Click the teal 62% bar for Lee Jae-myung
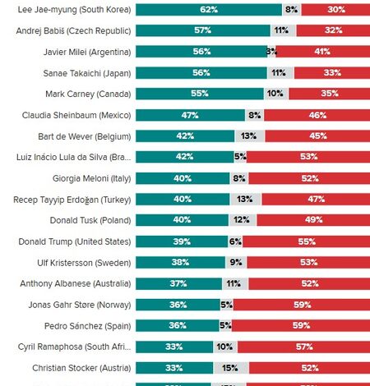[x=208, y=10]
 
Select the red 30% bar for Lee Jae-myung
[x=335, y=10]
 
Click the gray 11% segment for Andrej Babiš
[x=283, y=31]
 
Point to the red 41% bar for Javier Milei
[x=323, y=52]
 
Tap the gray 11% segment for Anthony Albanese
[x=234, y=283]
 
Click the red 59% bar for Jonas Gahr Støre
[x=302, y=305]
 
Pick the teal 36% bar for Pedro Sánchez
[x=177, y=326]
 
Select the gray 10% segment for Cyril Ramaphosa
[x=224, y=347]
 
